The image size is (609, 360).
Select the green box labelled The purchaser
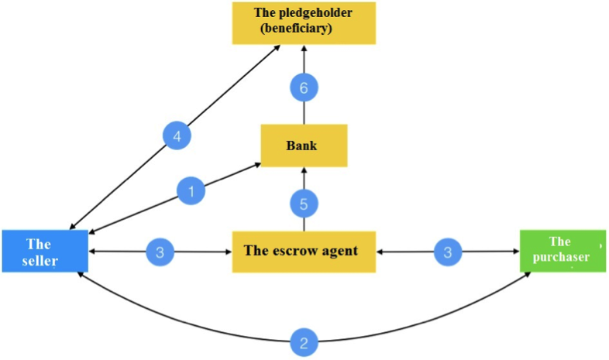(x=563, y=250)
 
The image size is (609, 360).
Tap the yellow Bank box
(x=304, y=146)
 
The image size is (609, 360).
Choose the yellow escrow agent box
(x=304, y=251)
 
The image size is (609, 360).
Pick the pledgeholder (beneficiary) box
(x=304, y=22)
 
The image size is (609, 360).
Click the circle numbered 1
(x=191, y=190)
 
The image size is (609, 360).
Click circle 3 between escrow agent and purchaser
(x=447, y=252)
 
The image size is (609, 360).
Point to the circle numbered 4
(x=177, y=137)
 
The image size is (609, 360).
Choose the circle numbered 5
(x=304, y=204)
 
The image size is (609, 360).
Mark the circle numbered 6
(x=304, y=89)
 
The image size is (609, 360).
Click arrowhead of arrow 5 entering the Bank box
(x=304, y=170)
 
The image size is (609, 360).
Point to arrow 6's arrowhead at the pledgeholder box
(x=304, y=48)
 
